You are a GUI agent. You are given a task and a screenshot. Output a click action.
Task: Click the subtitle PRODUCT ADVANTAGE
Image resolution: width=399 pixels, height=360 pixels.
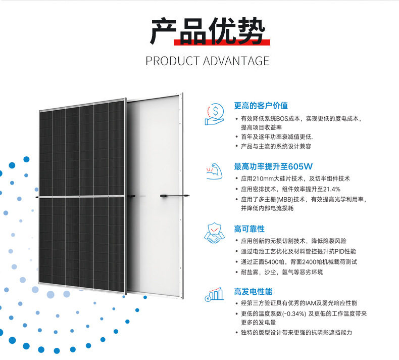click(x=208, y=61)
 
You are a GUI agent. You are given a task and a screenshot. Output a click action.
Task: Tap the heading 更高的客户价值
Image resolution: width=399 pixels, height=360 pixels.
click(x=261, y=106)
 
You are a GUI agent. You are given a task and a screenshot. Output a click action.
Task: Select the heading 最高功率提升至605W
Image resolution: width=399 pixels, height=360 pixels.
click(x=273, y=166)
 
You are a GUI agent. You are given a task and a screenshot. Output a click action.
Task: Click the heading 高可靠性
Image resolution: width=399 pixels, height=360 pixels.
click(x=249, y=229)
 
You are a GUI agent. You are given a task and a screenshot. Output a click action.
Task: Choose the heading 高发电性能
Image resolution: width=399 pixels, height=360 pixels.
click(x=253, y=292)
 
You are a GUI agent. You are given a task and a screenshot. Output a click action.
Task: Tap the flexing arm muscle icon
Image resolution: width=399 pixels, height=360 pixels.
click(x=214, y=171)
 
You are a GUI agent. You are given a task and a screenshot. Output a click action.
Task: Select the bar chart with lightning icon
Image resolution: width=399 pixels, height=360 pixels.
click(x=214, y=294)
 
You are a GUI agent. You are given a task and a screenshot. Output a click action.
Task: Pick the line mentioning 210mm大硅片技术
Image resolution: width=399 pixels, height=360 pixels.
click(x=295, y=178)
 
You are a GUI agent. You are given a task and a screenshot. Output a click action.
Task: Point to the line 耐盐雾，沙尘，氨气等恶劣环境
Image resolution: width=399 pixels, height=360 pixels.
click(x=282, y=272)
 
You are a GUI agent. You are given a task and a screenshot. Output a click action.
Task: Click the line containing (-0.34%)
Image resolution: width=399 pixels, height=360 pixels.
click(x=304, y=313)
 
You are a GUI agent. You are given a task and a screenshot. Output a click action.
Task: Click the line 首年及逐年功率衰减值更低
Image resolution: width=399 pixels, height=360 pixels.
click(x=277, y=137)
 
